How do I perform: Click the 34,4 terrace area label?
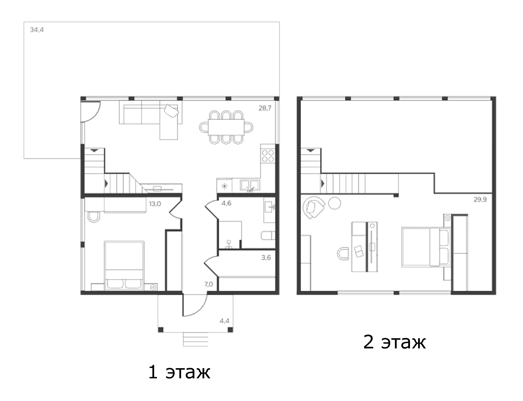tap(37, 30)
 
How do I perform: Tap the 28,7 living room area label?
tap(265, 108)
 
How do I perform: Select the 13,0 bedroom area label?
tap(155, 204)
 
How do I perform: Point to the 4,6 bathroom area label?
tap(226, 203)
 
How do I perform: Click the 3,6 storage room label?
tap(266, 257)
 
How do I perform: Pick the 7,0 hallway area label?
tap(208, 284)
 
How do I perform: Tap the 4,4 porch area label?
tap(224, 321)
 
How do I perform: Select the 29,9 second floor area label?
tap(480, 200)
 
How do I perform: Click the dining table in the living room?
tap(226, 127)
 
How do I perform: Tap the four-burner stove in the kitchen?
tap(268, 155)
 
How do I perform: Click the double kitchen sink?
tap(250, 185)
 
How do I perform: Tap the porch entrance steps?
tap(196, 339)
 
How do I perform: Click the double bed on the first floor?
tap(124, 265)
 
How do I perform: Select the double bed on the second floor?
tap(426, 247)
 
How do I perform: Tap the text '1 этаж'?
tap(179, 372)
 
